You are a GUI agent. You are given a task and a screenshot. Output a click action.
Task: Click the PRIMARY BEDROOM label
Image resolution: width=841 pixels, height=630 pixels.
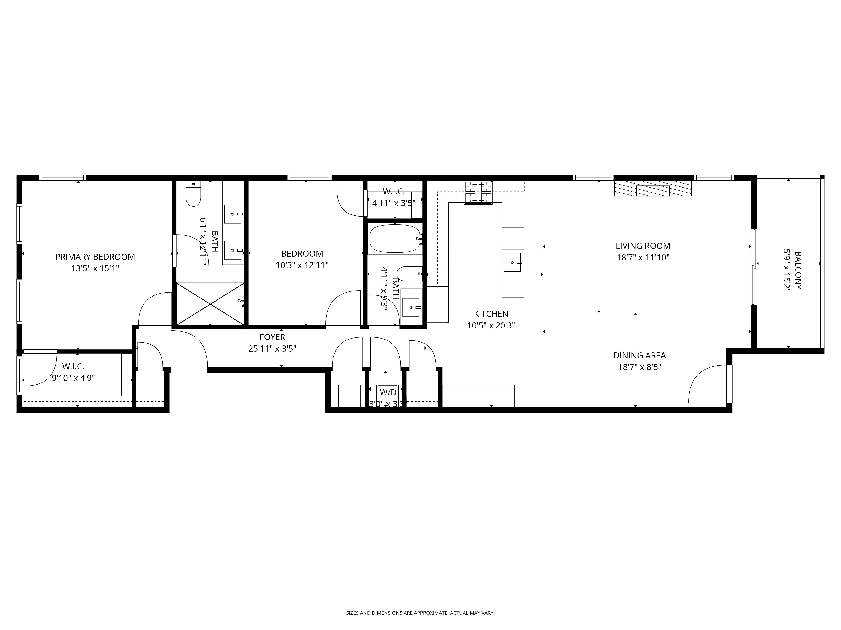coord(95,257)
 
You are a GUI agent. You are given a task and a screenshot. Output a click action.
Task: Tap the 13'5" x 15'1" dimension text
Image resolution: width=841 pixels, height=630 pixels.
coord(95,268)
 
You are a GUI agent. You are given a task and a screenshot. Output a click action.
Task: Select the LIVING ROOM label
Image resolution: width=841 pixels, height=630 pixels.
coord(643,246)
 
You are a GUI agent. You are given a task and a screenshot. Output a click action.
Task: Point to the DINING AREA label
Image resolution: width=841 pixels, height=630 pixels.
coord(640,356)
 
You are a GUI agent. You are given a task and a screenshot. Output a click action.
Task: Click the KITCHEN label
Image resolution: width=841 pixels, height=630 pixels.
coord(491,314)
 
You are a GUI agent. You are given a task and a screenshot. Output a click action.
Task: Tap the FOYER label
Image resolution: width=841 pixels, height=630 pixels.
coord(272,337)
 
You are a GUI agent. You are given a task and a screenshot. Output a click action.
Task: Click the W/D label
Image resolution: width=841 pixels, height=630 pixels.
coord(388,392)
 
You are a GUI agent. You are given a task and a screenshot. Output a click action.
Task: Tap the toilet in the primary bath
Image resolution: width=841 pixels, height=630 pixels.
coord(193,194)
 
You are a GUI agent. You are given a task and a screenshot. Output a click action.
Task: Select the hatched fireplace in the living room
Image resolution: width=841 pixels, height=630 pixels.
coord(653,188)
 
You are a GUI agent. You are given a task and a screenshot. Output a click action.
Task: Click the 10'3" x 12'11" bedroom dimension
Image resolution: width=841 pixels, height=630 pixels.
coord(302,265)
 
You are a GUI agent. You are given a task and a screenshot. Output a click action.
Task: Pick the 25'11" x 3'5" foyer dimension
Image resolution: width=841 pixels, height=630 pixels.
coord(272,348)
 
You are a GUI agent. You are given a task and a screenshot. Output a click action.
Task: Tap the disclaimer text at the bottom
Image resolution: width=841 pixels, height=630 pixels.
coord(420,591)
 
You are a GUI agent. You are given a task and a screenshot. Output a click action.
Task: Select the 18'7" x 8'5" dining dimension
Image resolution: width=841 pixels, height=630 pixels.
coord(640,367)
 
